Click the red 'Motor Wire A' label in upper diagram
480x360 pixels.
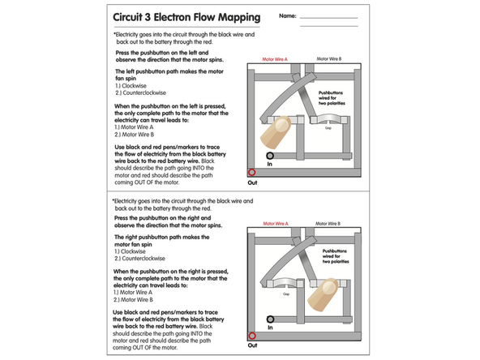[x=275, y=59]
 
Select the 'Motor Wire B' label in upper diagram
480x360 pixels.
[x=328, y=59]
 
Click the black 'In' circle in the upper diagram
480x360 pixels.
[x=270, y=155]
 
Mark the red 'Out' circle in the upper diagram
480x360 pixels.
[x=251, y=172]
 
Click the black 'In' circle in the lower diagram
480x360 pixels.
[x=270, y=319]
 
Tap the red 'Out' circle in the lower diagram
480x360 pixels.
[x=251, y=336]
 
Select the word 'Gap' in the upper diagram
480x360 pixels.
[x=328, y=127]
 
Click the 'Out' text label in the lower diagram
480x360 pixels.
[x=251, y=347]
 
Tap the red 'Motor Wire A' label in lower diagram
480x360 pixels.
[x=275, y=223]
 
